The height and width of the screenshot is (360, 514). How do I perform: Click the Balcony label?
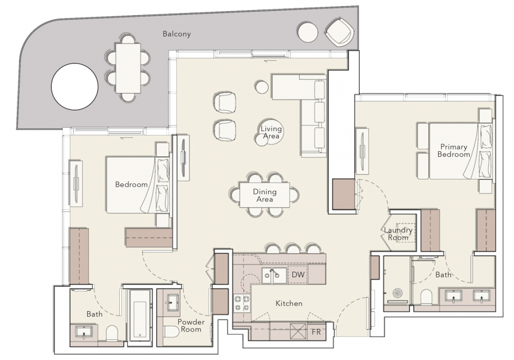point(177,34)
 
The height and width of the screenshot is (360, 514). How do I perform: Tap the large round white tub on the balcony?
point(75,86)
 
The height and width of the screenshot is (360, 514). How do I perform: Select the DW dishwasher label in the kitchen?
point(298,274)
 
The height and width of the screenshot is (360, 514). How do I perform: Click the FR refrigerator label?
point(317,332)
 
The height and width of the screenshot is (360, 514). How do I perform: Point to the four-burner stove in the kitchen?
point(242,303)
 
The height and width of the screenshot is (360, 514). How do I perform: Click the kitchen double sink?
point(274,276)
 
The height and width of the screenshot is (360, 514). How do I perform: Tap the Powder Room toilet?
point(172,333)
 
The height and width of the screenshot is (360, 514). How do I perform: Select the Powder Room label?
point(191,326)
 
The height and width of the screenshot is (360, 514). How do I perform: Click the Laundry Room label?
point(398,234)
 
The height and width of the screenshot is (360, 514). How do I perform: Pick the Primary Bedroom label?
point(454,151)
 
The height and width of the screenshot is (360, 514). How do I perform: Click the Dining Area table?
point(264,195)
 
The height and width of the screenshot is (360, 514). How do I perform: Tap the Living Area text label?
point(271,132)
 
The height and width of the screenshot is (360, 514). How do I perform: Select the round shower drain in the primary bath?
point(398,293)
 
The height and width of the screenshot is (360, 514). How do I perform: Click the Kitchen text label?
point(289,303)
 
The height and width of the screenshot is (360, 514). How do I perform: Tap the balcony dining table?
point(128,68)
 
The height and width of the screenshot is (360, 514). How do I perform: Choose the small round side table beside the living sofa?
point(262,87)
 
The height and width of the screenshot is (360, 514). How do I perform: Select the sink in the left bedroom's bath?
point(84,332)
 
